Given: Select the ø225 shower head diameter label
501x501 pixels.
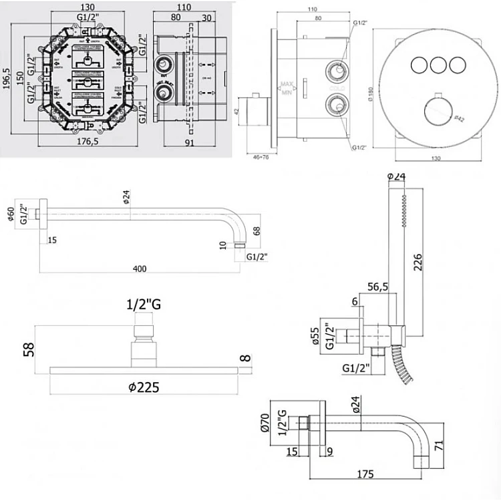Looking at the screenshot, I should (x=145, y=387).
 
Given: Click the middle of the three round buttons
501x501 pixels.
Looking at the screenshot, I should (x=438, y=65).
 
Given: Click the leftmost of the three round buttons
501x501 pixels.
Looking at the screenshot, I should (x=419, y=65).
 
